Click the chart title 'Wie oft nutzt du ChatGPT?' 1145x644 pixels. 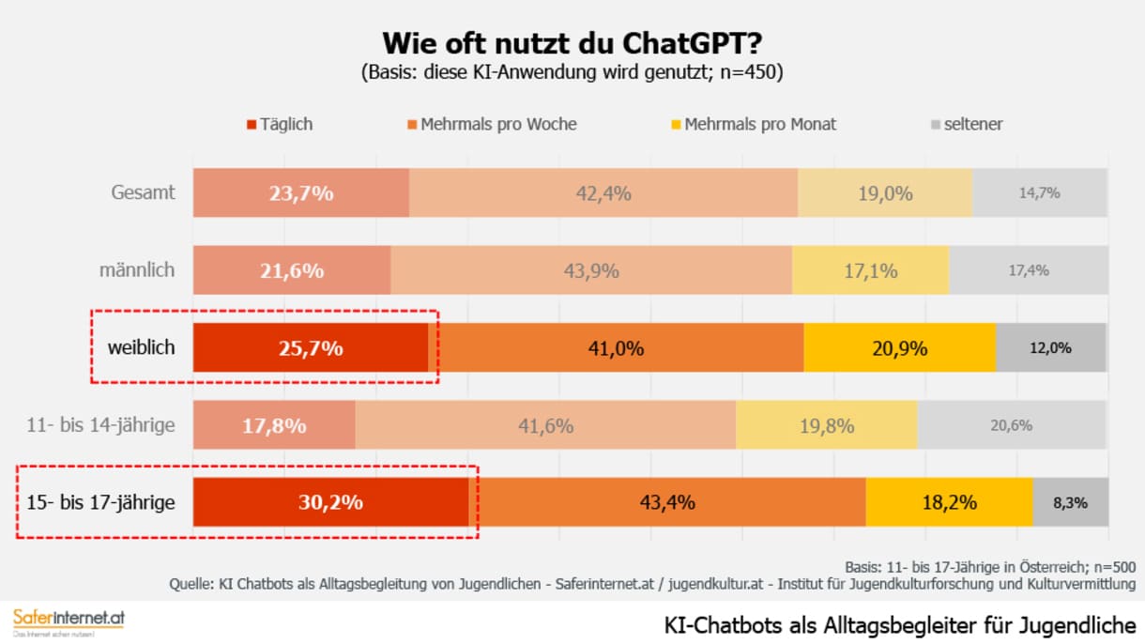[x=572, y=43]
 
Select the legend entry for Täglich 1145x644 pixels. [x=279, y=124]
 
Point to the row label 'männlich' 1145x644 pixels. [x=137, y=270]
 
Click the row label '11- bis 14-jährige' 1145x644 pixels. [x=100, y=425]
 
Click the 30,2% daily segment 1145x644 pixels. [x=330, y=502]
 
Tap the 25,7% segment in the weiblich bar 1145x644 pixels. [x=311, y=348]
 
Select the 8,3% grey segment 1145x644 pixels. [x=1070, y=502]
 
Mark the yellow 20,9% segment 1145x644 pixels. [x=899, y=348]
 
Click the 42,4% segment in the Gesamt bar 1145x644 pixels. [x=603, y=193]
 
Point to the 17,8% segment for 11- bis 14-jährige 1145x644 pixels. [x=274, y=425]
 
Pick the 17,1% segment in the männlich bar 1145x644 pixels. [x=870, y=270]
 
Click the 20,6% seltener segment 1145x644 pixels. [x=1012, y=425]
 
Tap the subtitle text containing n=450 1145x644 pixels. [x=572, y=73]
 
